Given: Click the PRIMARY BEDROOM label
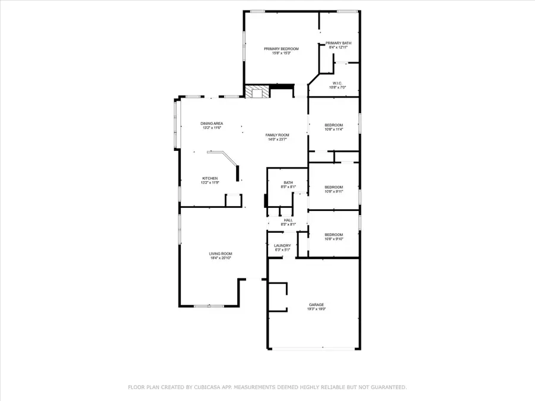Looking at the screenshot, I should point(281,49).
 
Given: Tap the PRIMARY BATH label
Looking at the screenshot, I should point(339,43).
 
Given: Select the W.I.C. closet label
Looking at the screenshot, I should point(337,83).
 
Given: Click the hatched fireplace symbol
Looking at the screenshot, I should point(257,91).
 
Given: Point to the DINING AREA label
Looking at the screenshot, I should point(212,123).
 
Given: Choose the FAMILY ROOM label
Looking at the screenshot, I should point(277,135).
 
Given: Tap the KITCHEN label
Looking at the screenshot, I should point(210,178).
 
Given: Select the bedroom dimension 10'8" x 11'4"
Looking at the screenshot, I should point(333,130).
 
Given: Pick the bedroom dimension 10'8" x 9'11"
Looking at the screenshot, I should point(333,191).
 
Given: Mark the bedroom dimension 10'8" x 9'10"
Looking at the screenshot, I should point(333,239).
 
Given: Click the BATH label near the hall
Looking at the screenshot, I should point(288,183).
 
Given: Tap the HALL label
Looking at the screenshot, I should point(288,220).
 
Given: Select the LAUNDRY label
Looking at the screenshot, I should point(282,245).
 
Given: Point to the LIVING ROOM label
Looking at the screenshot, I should point(220,254).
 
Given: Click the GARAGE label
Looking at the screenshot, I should point(316,305).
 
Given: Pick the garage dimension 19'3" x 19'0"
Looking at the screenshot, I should point(316,309).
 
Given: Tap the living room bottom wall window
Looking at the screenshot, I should point(208,306).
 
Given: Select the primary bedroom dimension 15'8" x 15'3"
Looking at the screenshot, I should point(281,53).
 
